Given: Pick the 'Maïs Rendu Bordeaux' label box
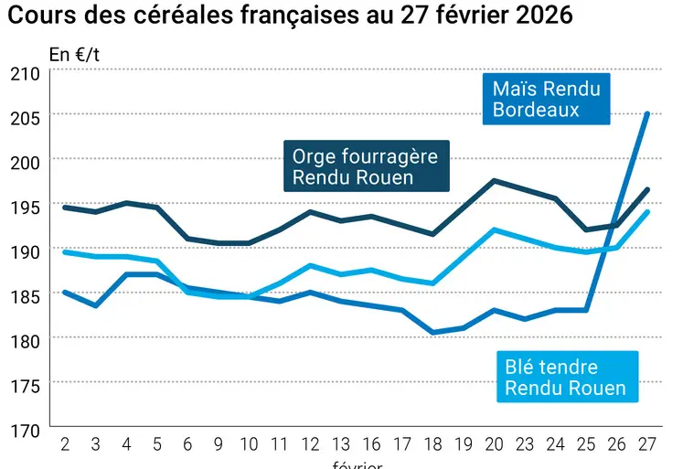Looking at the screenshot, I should (547, 99).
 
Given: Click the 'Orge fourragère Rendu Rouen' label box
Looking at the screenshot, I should (365, 166).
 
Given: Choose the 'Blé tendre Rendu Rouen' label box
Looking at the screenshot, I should (565, 377).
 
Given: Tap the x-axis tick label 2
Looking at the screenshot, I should (65, 445).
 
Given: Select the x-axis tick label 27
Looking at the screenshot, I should (646, 445).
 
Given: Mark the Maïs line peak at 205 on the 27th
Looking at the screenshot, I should (647, 114).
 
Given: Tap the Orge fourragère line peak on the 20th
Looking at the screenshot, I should (494, 181).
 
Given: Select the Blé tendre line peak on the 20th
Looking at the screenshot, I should (494, 229).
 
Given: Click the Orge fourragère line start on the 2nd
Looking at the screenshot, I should (65, 208).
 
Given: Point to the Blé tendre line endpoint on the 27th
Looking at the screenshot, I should (647, 212).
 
